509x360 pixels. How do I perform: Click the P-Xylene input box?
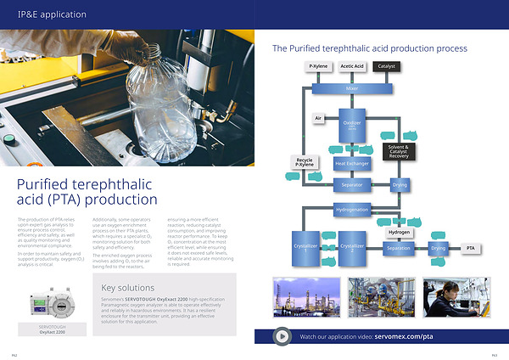coord(319,66)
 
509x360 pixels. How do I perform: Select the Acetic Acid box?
coord(352,66)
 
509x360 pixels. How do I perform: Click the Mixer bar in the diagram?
coord(352,88)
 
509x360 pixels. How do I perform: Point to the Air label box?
coord(319,117)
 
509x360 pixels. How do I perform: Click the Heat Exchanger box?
coord(352,162)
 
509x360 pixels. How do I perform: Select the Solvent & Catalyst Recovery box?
coord(399,151)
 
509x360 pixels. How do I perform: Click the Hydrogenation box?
coord(352,208)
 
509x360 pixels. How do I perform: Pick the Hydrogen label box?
coord(400,232)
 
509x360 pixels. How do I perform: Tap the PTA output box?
coord(471,248)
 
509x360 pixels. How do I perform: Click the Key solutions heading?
coord(128,287)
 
